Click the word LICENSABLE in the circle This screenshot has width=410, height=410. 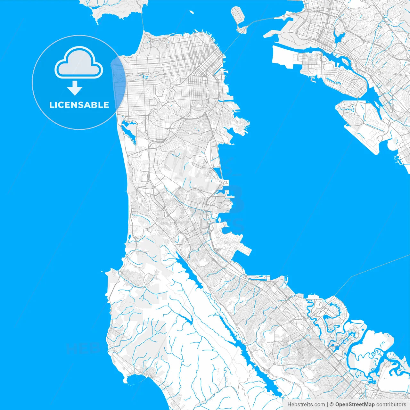[x=79, y=105]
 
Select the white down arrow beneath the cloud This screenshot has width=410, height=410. [x=75, y=88]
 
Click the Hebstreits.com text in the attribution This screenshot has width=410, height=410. [x=306, y=405]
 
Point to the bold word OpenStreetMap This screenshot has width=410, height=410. [x=355, y=405]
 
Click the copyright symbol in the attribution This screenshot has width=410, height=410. [x=332, y=405]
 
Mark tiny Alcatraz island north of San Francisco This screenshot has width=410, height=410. [x=192, y=12]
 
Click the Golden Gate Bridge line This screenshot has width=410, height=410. [x=142, y=19]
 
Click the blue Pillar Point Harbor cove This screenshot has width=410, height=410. [x=135, y=380]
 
